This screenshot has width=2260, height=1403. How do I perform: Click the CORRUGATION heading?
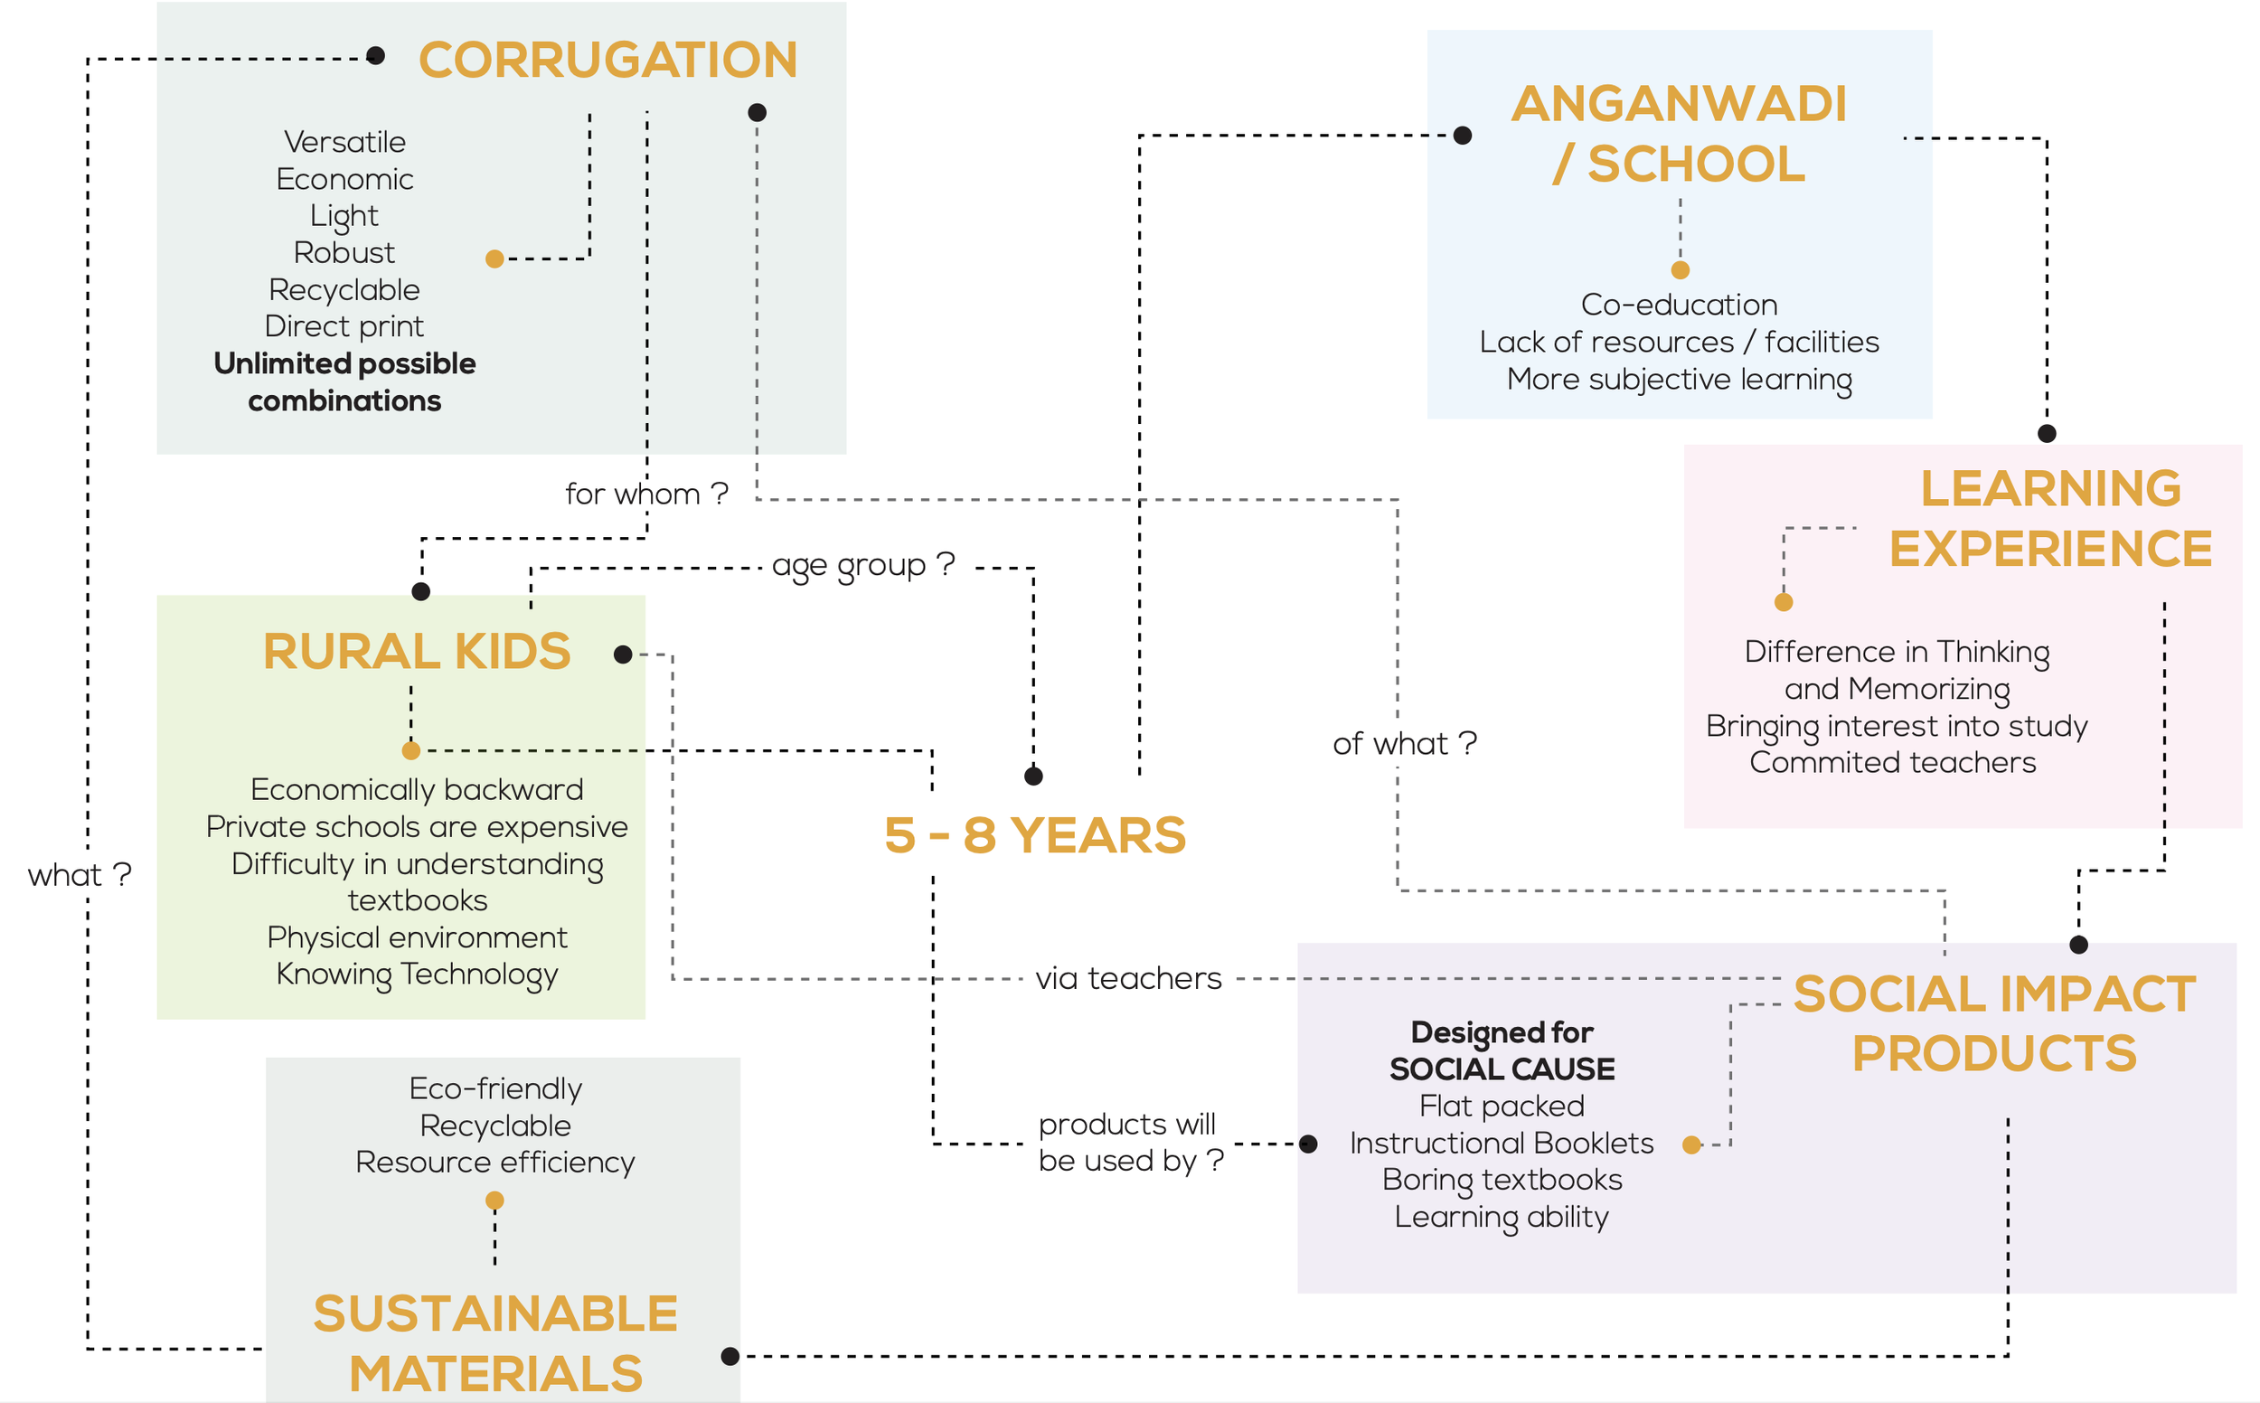(607, 61)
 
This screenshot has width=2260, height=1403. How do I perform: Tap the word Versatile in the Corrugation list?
(345, 142)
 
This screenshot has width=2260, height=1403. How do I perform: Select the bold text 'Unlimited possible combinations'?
(345, 381)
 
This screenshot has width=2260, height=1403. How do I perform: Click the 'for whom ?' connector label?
(646, 494)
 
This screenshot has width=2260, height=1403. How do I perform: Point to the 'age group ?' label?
(862, 564)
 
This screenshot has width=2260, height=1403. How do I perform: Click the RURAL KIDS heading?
(417, 652)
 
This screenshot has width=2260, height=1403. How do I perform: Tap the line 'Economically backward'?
(417, 790)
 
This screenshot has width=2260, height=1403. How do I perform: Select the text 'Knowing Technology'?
(417, 975)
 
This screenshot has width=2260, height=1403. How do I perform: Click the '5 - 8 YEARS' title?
(1034, 835)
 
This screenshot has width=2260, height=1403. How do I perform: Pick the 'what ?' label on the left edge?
(80, 874)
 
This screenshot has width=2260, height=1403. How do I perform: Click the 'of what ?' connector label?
(1404, 743)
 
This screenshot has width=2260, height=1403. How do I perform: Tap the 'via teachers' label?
(1128, 978)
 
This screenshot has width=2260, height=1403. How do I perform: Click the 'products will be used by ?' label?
(1130, 1143)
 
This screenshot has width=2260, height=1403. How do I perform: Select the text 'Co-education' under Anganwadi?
(1679, 305)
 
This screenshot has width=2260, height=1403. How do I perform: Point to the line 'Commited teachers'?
(1892, 763)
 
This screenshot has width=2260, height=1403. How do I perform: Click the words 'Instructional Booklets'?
(1502, 1144)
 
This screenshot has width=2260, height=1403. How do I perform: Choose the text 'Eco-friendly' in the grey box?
(495, 1088)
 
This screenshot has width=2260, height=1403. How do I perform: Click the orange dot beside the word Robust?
(494, 259)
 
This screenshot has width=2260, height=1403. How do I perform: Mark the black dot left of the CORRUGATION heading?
(376, 56)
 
